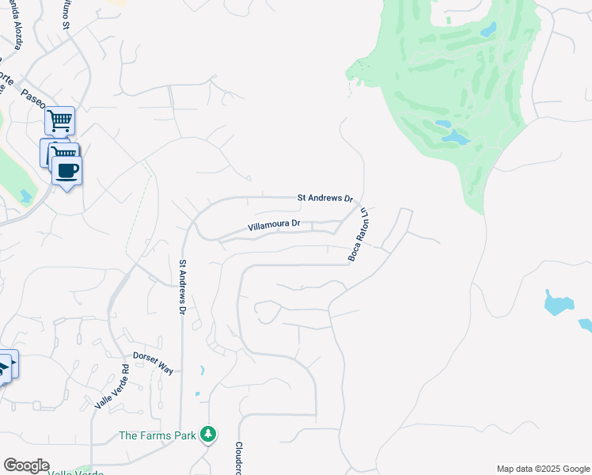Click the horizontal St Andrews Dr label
click(324, 197)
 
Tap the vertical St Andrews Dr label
click(182, 287)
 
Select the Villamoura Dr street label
click(274, 225)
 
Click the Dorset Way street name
click(153, 363)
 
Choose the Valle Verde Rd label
click(112, 387)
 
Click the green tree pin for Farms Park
click(208, 434)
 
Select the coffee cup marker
click(67, 170)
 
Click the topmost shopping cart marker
click(59, 121)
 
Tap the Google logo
click(26, 465)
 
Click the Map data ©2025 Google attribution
click(542, 469)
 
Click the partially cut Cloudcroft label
click(237, 458)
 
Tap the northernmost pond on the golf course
click(488, 30)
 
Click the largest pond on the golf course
click(455, 137)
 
